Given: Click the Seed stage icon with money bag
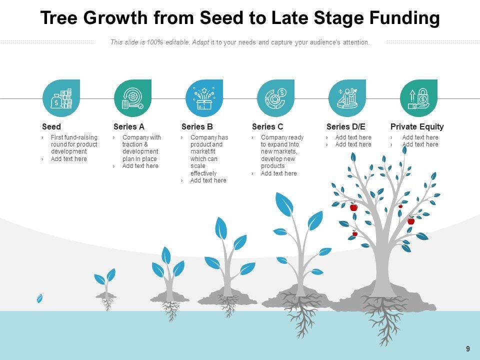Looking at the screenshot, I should pos(61,98).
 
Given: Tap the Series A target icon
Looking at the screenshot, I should pos(132,98).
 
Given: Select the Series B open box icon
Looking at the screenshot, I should pos(204,98).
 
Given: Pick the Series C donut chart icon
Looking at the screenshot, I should pos(275,98).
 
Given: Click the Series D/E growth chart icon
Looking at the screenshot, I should pos(347,98).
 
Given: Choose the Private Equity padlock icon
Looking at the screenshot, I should pos(418,98).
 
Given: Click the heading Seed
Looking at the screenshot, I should pos(51,127).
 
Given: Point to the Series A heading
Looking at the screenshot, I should pos(129,127).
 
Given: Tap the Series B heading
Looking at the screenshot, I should pos(197,127).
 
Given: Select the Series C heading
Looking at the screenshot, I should pos(267,127).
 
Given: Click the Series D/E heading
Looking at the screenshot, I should pos(346,127).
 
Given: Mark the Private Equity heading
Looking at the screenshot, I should pos(417,127).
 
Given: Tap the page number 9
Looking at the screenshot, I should pos(468,349).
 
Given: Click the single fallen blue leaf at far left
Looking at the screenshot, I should pos(39,298).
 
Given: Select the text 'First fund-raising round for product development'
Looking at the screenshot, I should pos(74,144).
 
